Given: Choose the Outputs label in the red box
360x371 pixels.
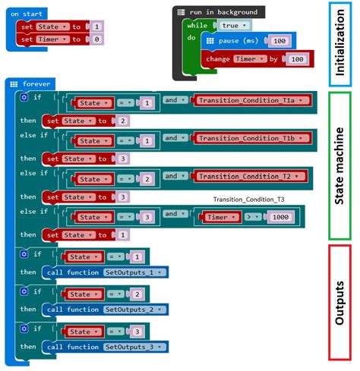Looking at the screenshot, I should (x=339, y=301).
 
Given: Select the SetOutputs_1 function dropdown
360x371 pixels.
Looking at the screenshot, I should (x=135, y=272).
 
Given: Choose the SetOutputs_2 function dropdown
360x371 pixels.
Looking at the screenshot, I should (x=135, y=310).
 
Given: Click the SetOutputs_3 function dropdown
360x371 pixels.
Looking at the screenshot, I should (x=135, y=347).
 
